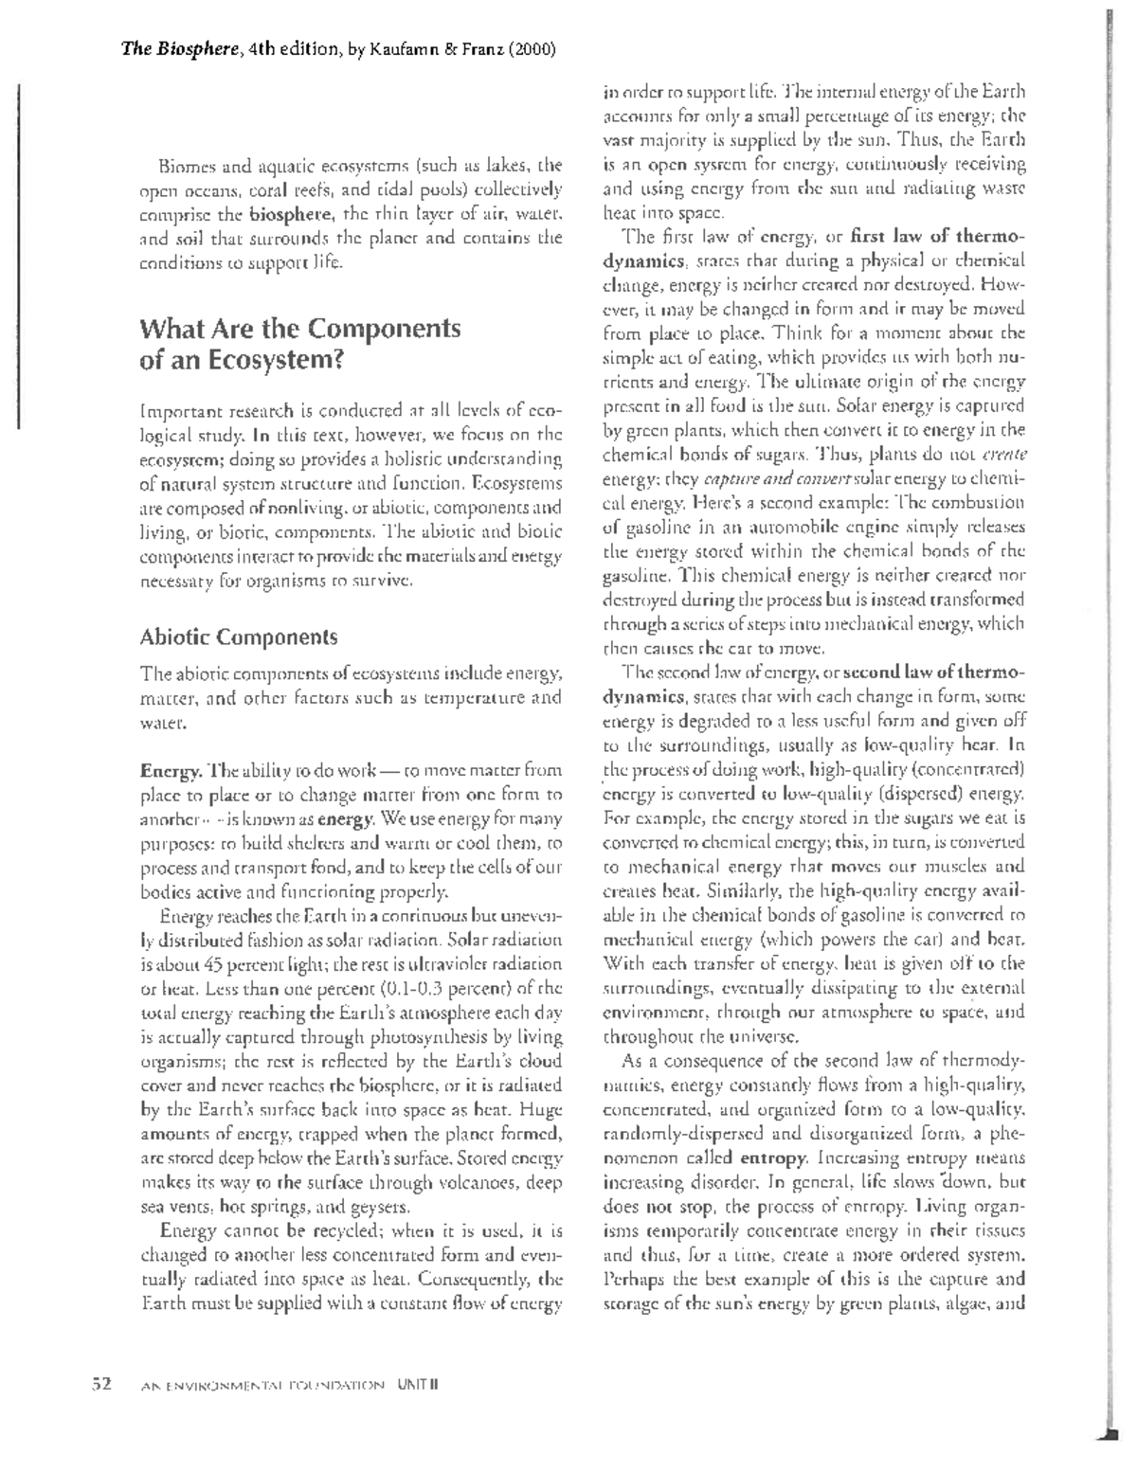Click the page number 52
pyautogui.click(x=101, y=1383)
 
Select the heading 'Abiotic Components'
pyautogui.click(x=238, y=637)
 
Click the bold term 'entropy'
pyautogui.click(x=773, y=1157)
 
